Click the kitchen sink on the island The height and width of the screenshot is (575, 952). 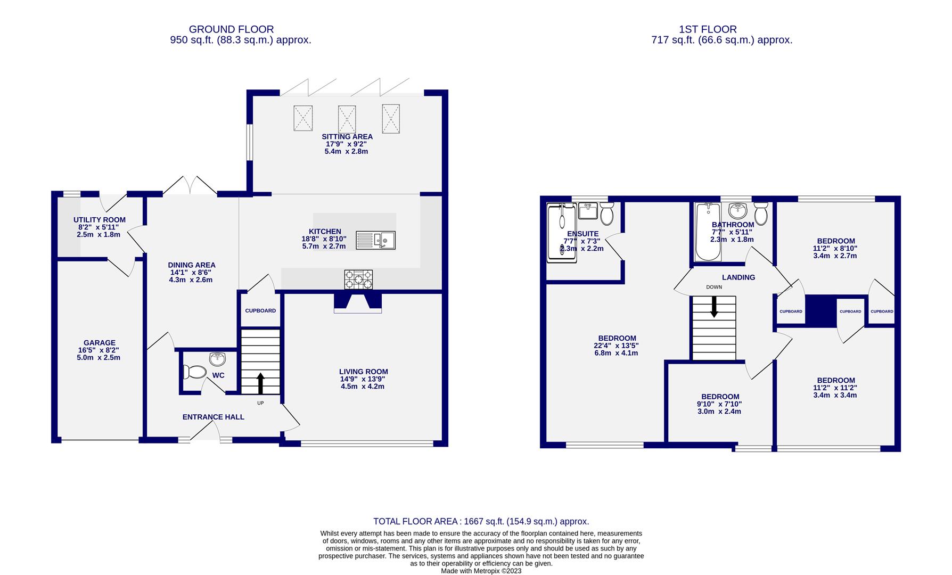click(375, 240)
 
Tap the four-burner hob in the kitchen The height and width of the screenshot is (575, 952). click(358, 280)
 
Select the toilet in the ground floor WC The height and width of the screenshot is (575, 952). click(195, 372)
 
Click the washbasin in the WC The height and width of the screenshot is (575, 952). click(218, 359)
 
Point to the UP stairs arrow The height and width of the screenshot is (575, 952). click(260, 382)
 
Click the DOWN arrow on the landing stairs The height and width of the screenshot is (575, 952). click(714, 307)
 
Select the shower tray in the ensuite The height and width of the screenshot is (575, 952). click(562, 233)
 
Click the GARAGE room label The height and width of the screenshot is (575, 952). click(100, 343)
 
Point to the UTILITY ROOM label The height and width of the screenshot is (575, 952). click(100, 220)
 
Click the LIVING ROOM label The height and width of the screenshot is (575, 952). click(363, 372)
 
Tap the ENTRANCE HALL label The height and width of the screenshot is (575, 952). click(213, 417)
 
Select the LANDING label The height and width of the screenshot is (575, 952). click(738, 277)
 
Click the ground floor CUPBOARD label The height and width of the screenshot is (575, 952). click(260, 310)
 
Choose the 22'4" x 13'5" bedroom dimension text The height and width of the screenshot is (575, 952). click(617, 346)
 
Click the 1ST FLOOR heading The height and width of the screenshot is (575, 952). click(708, 29)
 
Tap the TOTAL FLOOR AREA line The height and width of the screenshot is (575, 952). click(481, 521)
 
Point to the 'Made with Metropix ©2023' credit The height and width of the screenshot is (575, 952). click(481, 571)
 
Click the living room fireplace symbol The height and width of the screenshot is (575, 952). click(358, 302)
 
